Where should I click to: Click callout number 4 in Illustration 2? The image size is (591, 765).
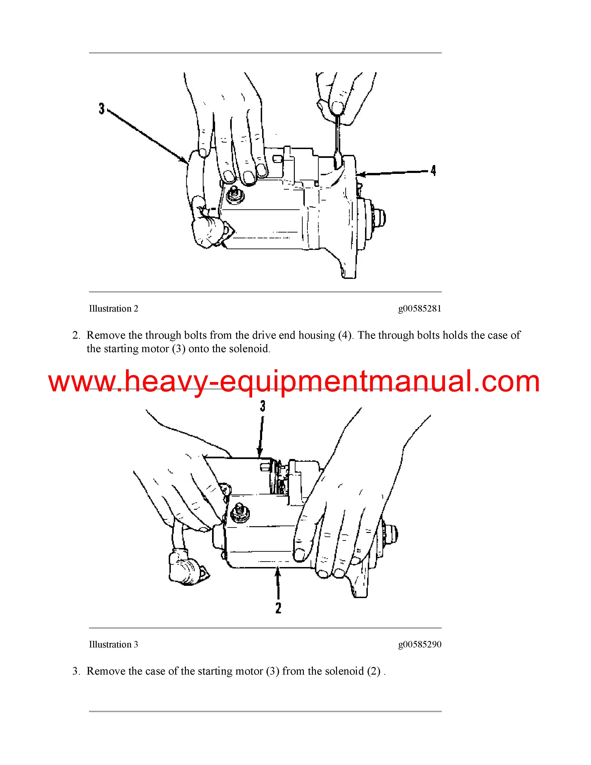click(433, 171)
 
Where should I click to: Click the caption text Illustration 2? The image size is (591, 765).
click(113, 309)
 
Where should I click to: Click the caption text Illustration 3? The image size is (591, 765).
click(113, 644)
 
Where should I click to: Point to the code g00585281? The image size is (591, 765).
click(419, 309)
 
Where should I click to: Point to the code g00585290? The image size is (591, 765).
click(419, 644)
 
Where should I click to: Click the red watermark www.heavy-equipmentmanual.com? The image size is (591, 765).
click(294, 382)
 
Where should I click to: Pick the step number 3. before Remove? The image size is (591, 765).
click(76, 671)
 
